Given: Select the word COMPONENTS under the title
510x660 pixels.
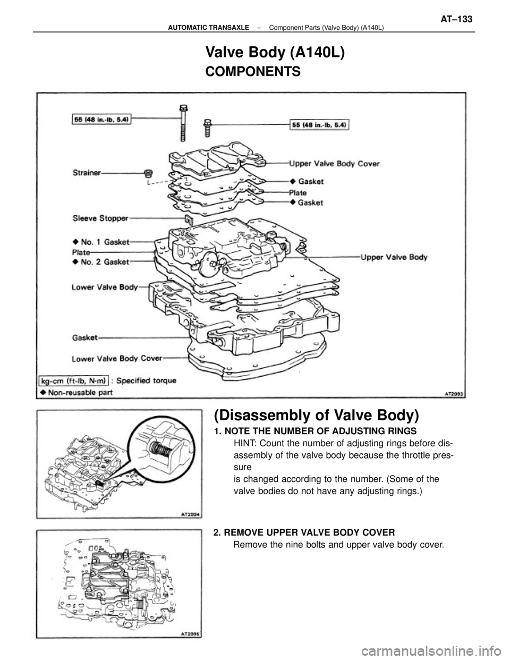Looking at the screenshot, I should coord(252,71).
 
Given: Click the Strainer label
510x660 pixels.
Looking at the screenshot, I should coord(88,172).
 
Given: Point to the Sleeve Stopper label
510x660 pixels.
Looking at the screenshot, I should coord(99,217).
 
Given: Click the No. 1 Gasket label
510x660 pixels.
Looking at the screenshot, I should coord(101,241).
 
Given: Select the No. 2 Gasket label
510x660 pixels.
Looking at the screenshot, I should coord(101,261).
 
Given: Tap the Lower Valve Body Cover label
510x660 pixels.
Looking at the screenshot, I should coord(116,358).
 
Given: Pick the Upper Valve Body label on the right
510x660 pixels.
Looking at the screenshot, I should coord(395,257).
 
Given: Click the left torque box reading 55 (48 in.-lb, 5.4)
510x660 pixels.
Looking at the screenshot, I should coord(104,119).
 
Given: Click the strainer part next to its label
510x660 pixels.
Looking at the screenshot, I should coord(149,173).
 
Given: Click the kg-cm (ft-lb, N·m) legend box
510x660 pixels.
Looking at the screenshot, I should coord(74,380).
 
